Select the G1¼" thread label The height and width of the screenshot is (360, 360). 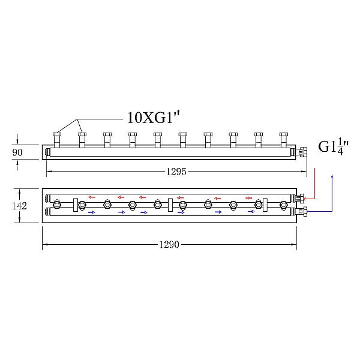tap(334, 146)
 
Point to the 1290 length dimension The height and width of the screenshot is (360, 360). tap(169, 245)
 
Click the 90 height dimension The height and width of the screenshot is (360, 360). tap(17, 153)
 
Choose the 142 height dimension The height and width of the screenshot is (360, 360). tap(20, 206)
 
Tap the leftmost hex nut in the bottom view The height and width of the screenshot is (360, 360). tap(56, 205)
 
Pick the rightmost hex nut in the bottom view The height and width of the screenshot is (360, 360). tap(283, 205)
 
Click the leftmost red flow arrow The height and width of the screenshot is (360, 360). tap(92, 197)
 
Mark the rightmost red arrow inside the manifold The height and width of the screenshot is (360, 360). tap(248, 197)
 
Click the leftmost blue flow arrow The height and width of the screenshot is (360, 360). tap(92, 212)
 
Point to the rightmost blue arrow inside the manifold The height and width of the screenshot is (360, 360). tap(251, 212)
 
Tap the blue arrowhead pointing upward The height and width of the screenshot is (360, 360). tap(332, 178)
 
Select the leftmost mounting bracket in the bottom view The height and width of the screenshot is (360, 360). tap(76, 205)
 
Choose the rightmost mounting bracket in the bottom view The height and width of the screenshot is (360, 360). tap(265, 205)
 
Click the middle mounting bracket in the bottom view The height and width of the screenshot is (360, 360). tap(170, 205)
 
